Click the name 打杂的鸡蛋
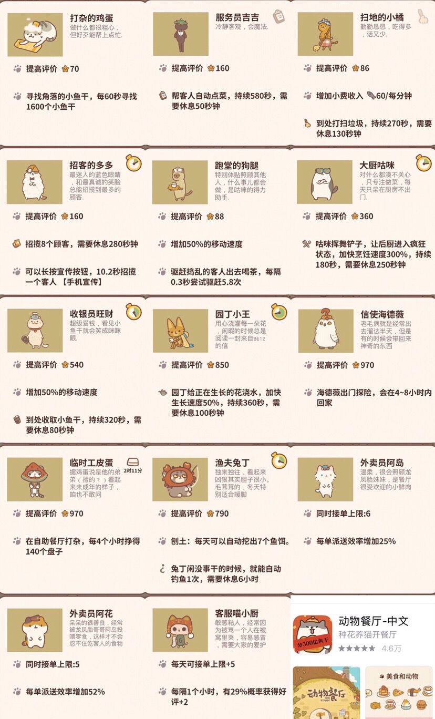tap(91, 18)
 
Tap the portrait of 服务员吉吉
tap(181, 34)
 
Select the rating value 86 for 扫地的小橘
tap(365, 68)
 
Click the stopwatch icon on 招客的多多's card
tap(133, 163)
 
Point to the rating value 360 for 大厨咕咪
tap(366, 216)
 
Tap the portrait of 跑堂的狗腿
tap(180, 182)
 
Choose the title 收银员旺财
tap(91, 314)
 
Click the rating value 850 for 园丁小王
tap(222, 365)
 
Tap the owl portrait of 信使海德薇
tap(326, 331)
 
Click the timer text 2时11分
tap(133, 470)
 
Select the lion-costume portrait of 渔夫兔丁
tap(180, 479)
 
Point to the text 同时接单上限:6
tap(343, 513)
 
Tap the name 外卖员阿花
tap(91, 613)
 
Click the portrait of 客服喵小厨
tap(180, 630)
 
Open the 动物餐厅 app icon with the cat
tap(313, 634)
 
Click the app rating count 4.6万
tap(391, 649)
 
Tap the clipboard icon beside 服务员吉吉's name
tap(279, 16)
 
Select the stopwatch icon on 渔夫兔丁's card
tap(279, 460)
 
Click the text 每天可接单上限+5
tap(203, 664)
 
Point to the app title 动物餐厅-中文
tap(374, 621)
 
